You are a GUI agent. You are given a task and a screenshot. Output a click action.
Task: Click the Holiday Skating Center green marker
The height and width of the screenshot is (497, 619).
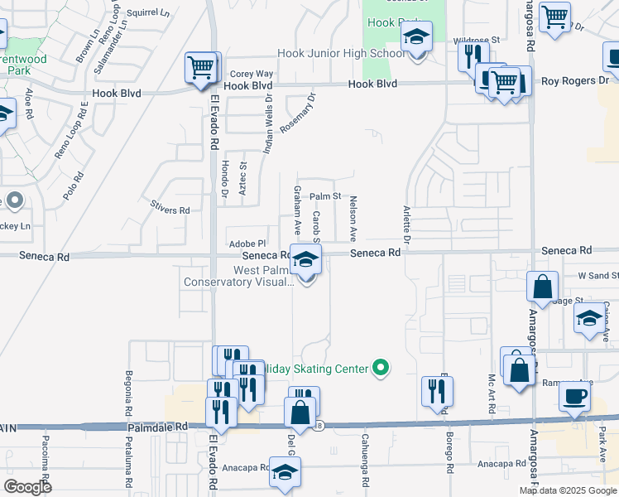(x=381, y=366)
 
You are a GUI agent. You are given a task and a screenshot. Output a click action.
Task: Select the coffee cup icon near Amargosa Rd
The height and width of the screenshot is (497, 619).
(x=573, y=397)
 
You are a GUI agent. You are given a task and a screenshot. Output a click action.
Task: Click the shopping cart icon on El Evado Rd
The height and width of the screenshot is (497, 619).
(x=202, y=68)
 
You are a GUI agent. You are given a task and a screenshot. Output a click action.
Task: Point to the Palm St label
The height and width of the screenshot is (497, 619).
(x=326, y=196)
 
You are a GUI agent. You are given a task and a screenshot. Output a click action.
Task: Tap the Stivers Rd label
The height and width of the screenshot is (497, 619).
(x=170, y=210)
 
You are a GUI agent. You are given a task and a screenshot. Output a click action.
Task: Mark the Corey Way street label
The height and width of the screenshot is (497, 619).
(x=252, y=74)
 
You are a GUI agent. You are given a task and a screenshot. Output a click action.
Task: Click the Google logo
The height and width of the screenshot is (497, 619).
(x=27, y=487)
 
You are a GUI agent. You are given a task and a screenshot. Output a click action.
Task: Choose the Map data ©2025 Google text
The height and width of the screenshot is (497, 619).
(x=568, y=490)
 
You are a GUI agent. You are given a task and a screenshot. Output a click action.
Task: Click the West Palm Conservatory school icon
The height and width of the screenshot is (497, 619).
(x=305, y=261)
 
